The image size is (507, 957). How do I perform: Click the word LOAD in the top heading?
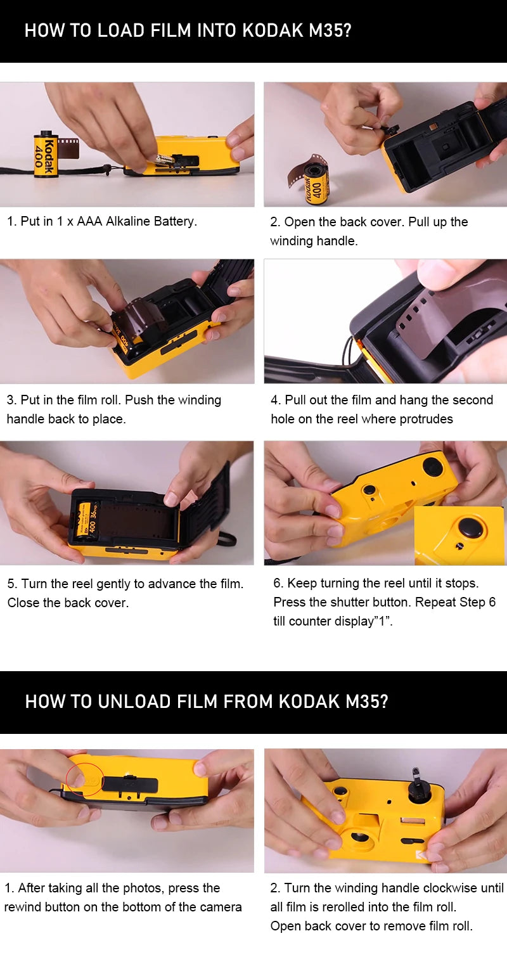(x=121, y=31)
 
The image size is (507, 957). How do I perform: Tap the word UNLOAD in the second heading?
(x=134, y=702)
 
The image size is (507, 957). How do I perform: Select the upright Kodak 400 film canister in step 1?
(x=46, y=153)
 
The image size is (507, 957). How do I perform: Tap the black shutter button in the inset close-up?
(x=471, y=528)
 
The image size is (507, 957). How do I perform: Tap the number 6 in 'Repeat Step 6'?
(x=492, y=602)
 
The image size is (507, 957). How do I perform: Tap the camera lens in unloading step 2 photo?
(x=361, y=838)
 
